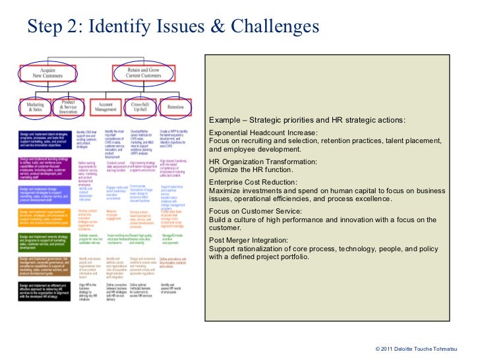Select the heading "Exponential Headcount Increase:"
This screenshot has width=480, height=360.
point(263,133)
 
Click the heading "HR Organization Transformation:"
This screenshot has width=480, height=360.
point(263,161)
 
